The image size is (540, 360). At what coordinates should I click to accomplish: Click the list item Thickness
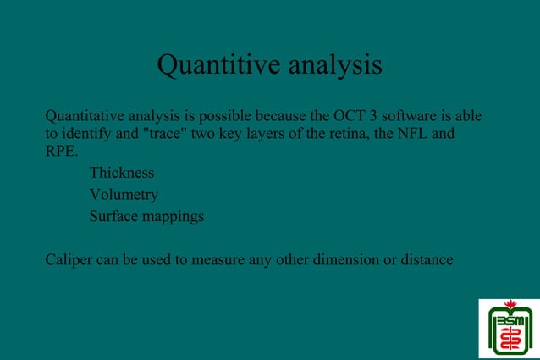pyautogui.click(x=122, y=173)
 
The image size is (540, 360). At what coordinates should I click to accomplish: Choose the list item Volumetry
pyautogui.click(x=124, y=195)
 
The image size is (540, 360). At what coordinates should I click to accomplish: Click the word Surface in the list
pyautogui.click(x=114, y=216)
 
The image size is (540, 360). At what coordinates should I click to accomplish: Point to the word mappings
pyautogui.click(x=174, y=218)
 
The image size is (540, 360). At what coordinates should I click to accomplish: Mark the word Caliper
pyautogui.click(x=69, y=260)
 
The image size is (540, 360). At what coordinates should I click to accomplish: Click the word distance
pyautogui.click(x=427, y=260)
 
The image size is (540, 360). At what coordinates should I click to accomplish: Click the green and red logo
pyautogui.click(x=509, y=328)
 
